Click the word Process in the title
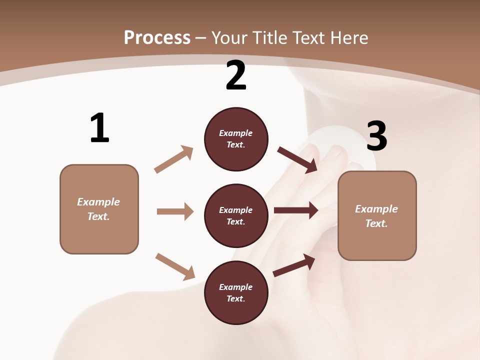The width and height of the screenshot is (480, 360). (157, 38)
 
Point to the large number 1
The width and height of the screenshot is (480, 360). (99, 128)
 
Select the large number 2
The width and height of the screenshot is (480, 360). (236, 76)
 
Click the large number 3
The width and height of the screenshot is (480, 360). (376, 136)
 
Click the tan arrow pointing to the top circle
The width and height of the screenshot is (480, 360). (173, 159)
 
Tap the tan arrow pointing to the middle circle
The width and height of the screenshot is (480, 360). (175, 211)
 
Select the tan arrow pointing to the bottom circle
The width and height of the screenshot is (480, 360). (175, 266)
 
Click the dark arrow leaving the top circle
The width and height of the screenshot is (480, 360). (297, 159)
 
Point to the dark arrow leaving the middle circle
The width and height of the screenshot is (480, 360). (296, 210)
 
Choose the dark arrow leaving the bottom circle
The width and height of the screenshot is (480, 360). (294, 265)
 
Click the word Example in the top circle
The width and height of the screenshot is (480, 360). (236, 133)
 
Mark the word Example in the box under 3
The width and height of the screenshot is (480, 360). (376, 209)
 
